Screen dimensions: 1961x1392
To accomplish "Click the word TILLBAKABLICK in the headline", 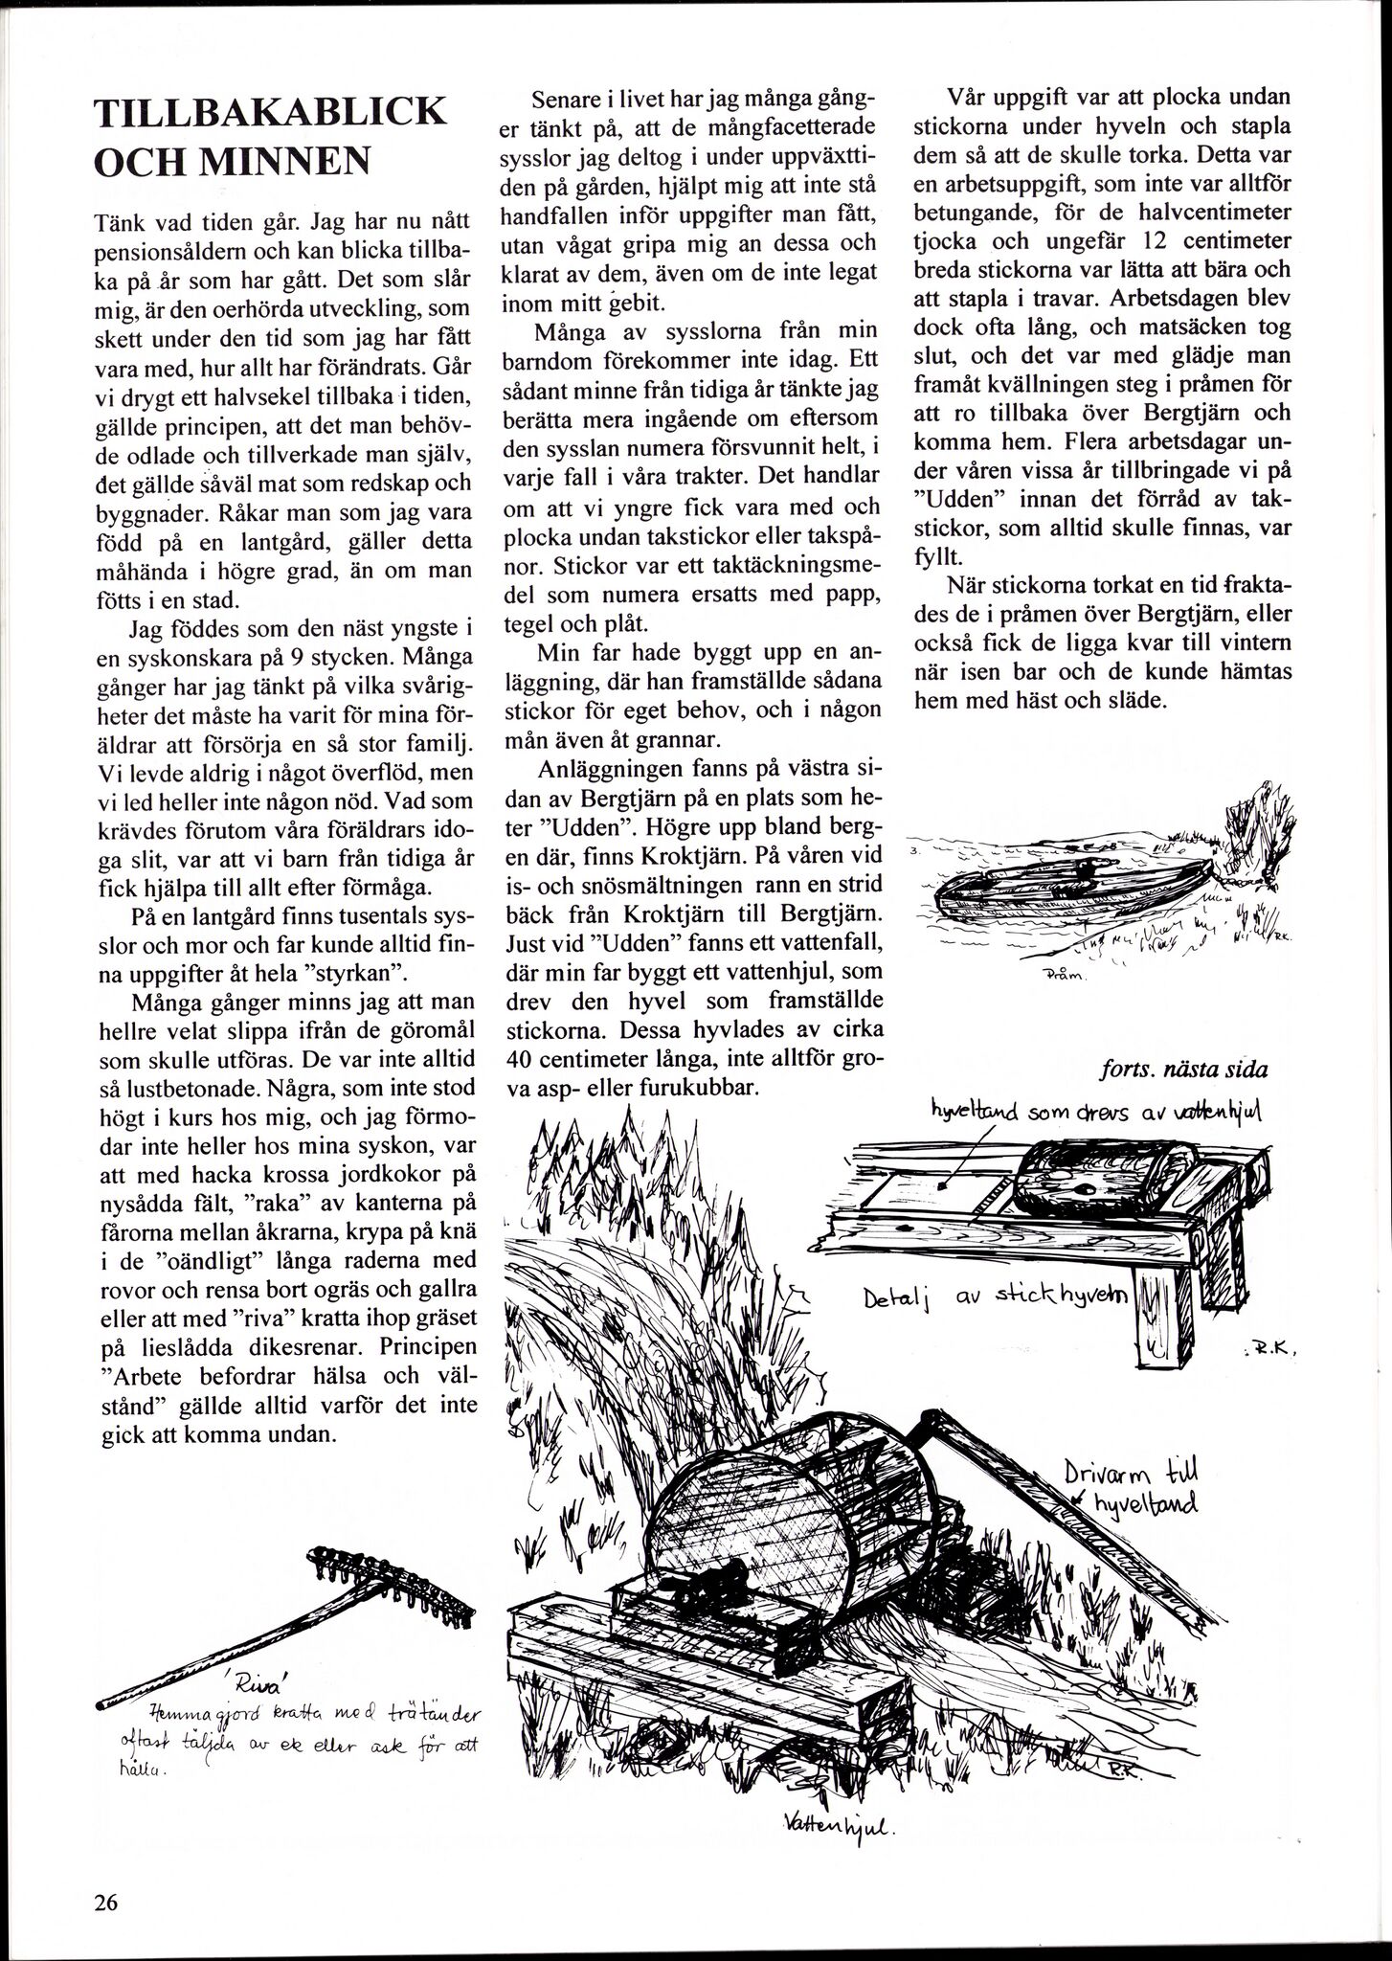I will (271, 113).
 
